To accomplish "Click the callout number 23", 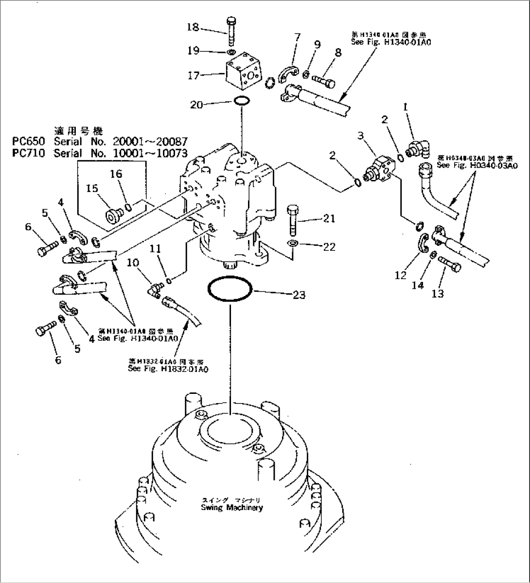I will click(x=299, y=294).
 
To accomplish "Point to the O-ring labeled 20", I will click(x=242, y=101).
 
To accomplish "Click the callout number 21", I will click(x=329, y=219).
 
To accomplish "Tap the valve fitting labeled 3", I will click(x=382, y=170).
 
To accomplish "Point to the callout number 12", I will click(x=401, y=276).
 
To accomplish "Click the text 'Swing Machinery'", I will click(x=231, y=508).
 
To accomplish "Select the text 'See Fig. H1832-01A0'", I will click(x=168, y=369).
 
